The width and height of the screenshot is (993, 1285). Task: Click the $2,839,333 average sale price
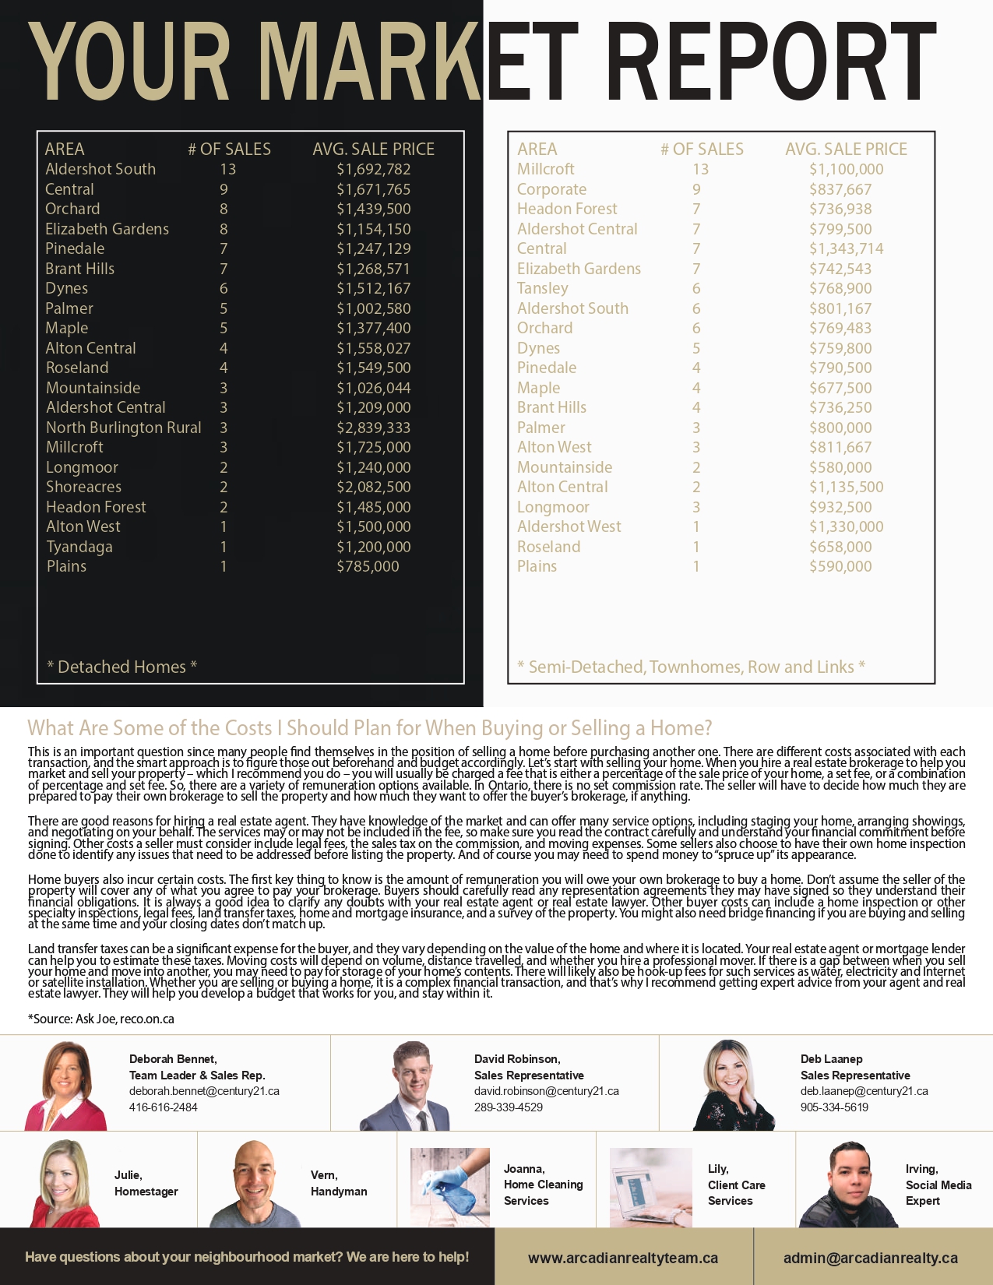point(373,428)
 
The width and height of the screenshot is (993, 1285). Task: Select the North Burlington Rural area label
point(123,428)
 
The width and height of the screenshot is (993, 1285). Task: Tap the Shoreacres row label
point(83,487)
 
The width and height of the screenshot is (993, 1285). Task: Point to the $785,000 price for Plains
point(368,566)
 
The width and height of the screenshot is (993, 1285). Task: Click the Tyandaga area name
point(79,547)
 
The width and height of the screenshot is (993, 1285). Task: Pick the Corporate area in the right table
point(551,189)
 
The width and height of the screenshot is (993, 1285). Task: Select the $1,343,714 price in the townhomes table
point(846,248)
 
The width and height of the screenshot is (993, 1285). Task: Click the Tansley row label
point(542,288)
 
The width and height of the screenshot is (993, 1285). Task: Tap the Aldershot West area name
point(569,526)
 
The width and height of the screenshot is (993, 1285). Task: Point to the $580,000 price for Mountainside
point(840,467)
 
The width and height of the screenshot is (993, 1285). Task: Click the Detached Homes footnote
point(121,667)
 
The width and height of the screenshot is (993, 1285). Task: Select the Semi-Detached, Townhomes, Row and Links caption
point(691,667)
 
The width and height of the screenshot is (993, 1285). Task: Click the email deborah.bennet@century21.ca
point(204,1091)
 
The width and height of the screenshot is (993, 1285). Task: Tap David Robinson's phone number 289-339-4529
point(508,1107)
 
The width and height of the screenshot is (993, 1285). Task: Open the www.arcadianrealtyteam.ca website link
point(622,1258)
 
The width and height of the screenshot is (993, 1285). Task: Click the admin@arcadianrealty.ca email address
point(870,1258)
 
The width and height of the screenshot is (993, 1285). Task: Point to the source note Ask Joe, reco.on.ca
point(101,1019)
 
